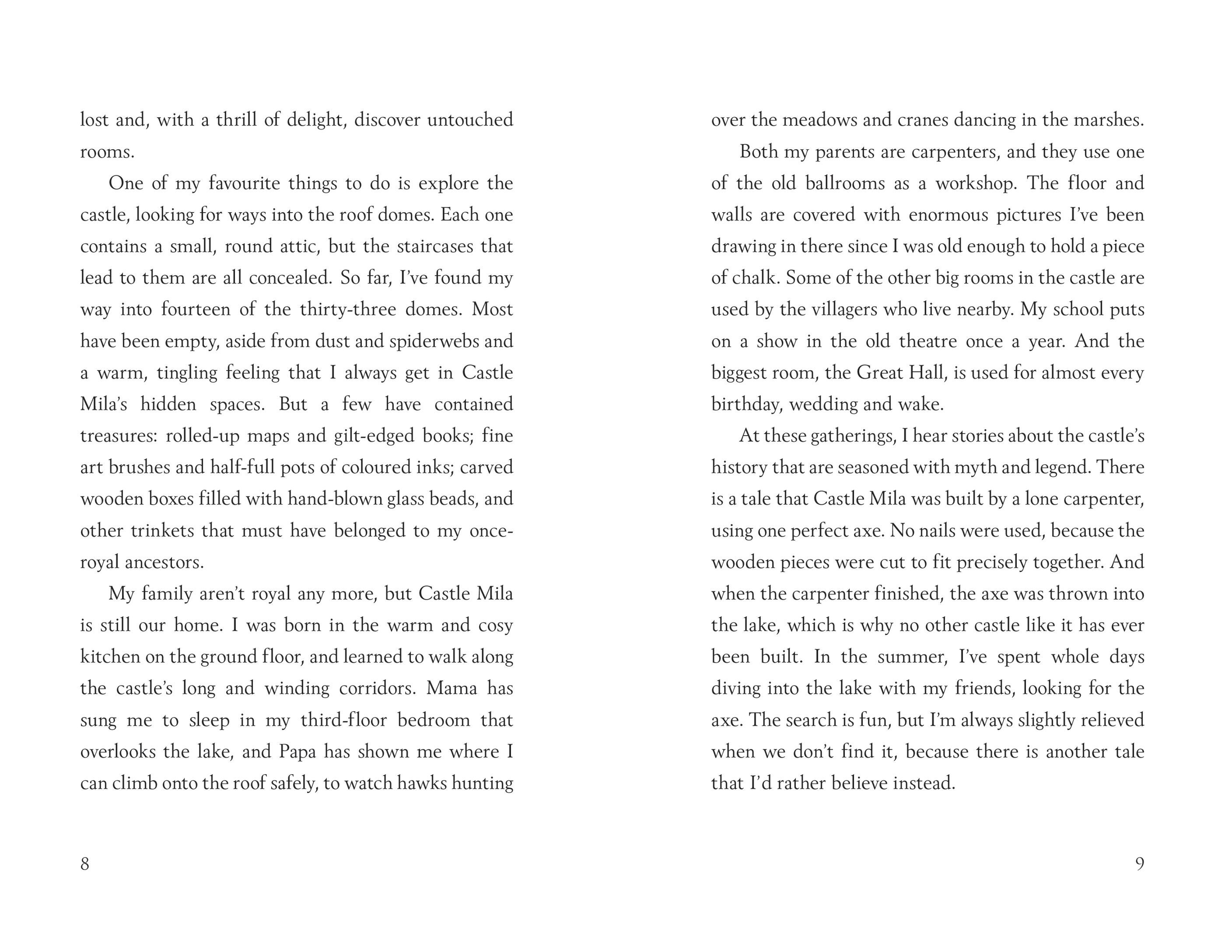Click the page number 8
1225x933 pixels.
(x=85, y=863)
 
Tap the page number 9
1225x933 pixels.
(x=1140, y=863)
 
